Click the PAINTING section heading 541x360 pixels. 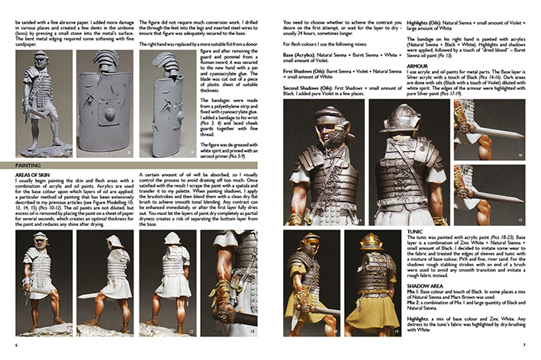(27, 163)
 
